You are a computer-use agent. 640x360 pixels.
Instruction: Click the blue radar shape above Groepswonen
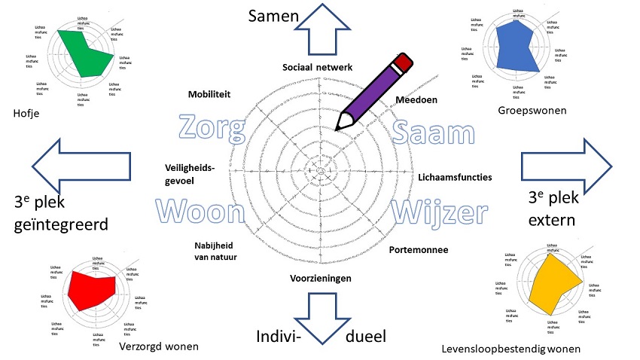click(520, 45)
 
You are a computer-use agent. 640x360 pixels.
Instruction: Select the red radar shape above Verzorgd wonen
click(91, 286)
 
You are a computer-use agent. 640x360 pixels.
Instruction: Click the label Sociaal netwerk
click(317, 68)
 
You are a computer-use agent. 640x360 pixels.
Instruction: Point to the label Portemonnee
click(419, 250)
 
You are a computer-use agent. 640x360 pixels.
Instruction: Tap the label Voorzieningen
click(321, 278)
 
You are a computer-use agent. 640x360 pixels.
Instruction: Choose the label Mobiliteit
click(209, 94)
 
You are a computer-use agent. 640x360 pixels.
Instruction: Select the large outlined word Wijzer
click(443, 212)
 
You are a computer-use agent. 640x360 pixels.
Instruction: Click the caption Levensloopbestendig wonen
click(511, 349)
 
